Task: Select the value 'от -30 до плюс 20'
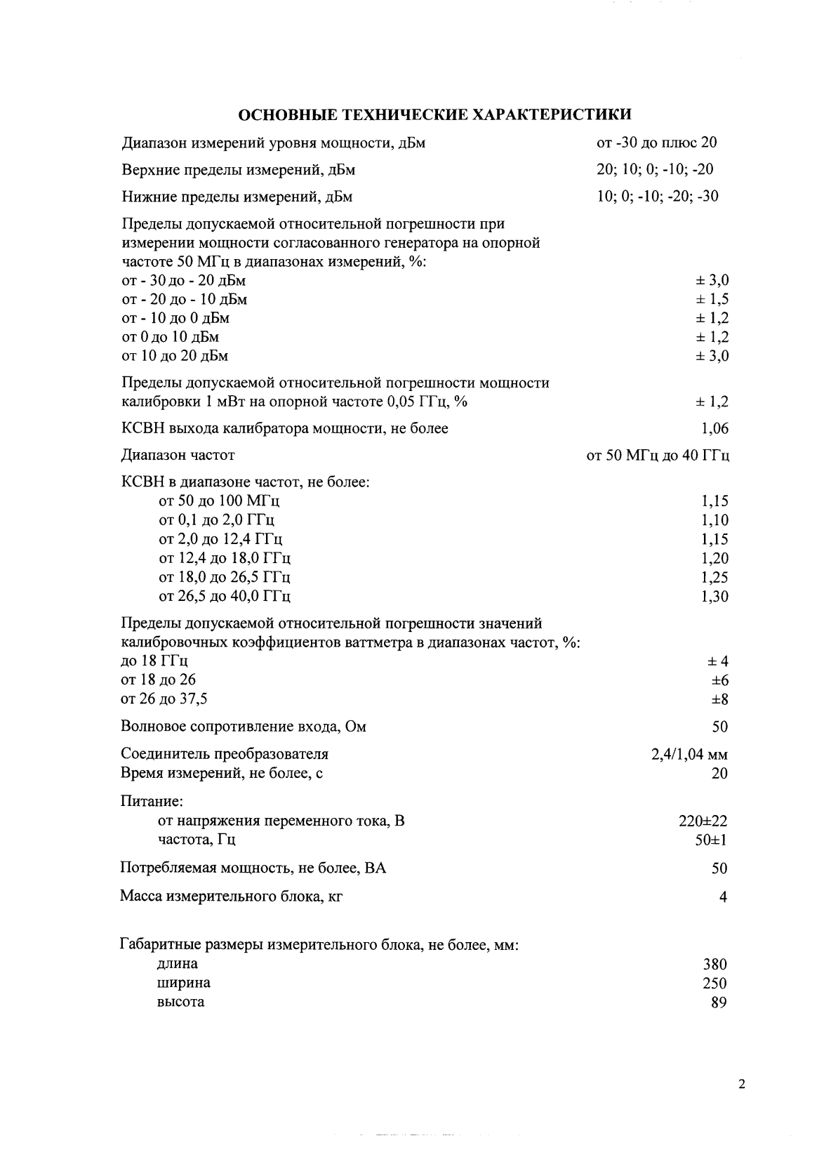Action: [x=656, y=143]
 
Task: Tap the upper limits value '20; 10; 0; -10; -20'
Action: [x=655, y=169]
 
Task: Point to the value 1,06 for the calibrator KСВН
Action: [x=714, y=428]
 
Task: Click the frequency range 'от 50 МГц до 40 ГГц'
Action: [x=658, y=456]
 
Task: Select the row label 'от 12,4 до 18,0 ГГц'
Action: [x=225, y=558]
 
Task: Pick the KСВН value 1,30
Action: [x=714, y=597]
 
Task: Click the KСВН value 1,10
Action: [x=714, y=520]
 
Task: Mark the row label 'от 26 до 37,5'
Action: [x=164, y=699]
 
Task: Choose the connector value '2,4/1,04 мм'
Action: [x=689, y=755]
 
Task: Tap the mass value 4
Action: [x=723, y=897]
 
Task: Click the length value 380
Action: [x=714, y=965]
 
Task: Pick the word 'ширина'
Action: [x=183, y=983]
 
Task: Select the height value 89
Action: [x=719, y=1003]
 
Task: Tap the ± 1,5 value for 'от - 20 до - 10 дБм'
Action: [x=712, y=300]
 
